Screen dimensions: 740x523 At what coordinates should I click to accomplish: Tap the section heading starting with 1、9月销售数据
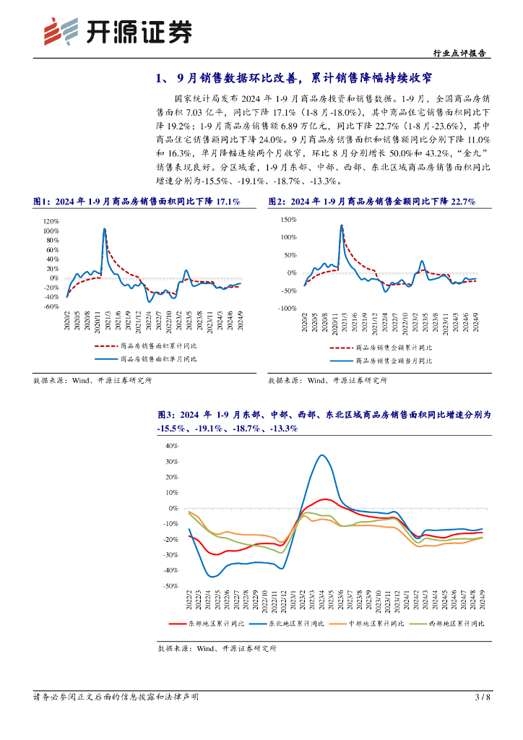pyautogui.click(x=297, y=78)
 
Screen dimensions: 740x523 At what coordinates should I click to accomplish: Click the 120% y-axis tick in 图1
pyautogui.click(x=50, y=221)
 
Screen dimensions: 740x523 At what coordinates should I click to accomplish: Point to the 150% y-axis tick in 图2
pyautogui.click(x=288, y=219)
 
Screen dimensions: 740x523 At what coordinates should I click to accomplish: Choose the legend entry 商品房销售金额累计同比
pyautogui.click(x=393, y=348)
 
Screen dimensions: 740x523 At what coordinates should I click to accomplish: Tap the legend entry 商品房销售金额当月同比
pyautogui.click(x=393, y=361)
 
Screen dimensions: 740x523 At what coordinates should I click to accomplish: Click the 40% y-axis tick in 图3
pyautogui.click(x=172, y=445)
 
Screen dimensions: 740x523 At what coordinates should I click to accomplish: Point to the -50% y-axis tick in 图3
pyautogui.click(x=170, y=586)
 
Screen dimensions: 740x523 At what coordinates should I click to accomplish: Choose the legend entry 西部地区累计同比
pyautogui.click(x=456, y=622)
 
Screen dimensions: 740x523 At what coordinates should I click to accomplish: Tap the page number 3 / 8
pyautogui.click(x=483, y=697)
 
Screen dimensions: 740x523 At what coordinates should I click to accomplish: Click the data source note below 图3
pyautogui.click(x=217, y=648)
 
